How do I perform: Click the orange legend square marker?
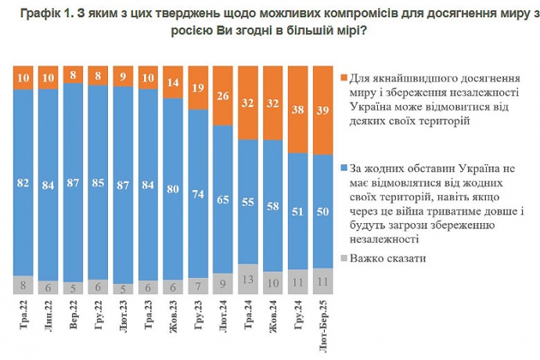(345, 77)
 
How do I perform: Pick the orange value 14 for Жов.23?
(172, 82)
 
